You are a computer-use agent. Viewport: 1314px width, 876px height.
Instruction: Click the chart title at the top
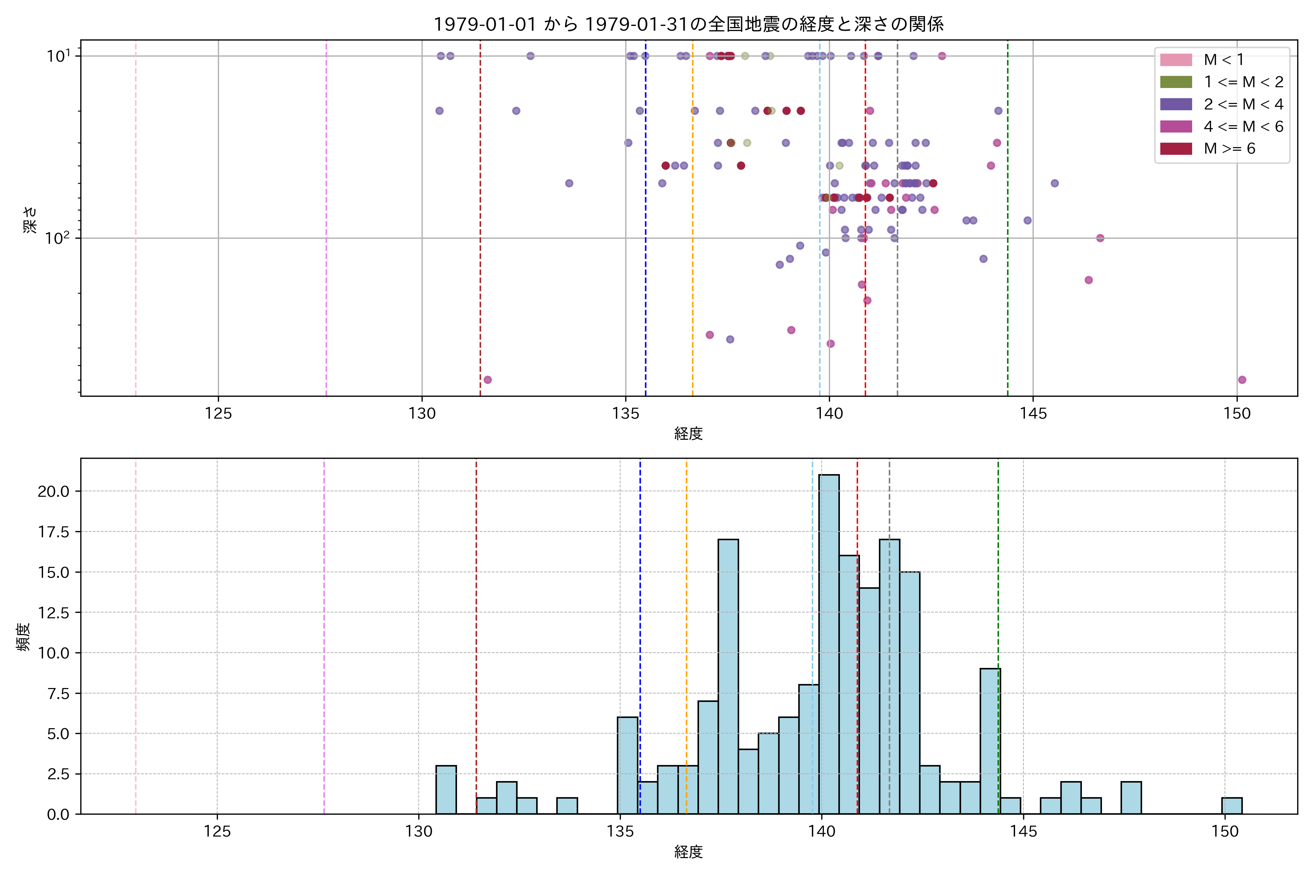click(x=688, y=24)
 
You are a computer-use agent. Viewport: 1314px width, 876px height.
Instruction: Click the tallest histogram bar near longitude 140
click(x=829, y=642)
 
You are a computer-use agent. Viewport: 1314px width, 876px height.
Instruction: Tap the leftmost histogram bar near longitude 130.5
click(x=446, y=789)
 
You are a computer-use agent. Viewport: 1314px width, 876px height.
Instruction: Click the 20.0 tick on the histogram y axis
click(x=54, y=492)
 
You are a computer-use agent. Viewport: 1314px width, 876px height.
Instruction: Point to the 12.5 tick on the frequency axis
click(x=54, y=613)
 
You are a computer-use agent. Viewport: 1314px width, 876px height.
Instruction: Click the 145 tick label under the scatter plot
click(x=1033, y=414)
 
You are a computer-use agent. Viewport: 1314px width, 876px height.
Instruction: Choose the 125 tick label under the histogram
click(x=217, y=832)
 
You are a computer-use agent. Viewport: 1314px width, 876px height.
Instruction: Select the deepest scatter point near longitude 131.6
click(x=487, y=380)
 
